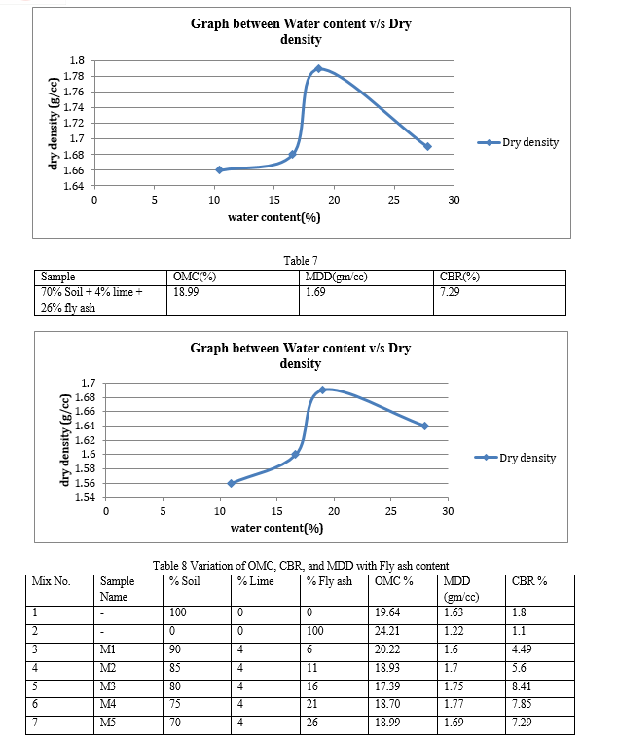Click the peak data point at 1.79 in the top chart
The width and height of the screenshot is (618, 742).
coord(318,68)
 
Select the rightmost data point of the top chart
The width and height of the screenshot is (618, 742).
coord(427,147)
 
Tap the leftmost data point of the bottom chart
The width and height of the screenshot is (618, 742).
coord(232,483)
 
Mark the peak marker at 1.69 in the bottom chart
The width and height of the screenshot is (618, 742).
coord(322,390)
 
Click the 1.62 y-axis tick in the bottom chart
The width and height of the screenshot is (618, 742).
coord(86,440)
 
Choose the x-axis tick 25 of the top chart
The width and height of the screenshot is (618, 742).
coord(393,200)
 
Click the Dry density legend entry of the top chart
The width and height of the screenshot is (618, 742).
coord(518,142)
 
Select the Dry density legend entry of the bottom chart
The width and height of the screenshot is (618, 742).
coord(515,458)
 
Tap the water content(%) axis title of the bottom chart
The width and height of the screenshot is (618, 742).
coord(276,528)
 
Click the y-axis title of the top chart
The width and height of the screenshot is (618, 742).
coord(54,124)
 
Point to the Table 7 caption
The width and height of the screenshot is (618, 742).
coord(301,261)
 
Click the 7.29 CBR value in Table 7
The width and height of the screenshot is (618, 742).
coord(450,292)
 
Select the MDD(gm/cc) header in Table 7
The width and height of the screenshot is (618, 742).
coord(336,277)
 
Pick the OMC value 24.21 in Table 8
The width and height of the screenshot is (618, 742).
coord(387,631)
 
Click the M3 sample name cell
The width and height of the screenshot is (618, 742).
coord(108,686)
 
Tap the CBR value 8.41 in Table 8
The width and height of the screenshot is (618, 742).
coord(522,686)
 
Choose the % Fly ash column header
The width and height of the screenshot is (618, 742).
coord(330,581)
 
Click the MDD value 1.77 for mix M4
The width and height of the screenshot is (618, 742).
coord(454,704)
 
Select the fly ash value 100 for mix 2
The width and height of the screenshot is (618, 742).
coord(315,631)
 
